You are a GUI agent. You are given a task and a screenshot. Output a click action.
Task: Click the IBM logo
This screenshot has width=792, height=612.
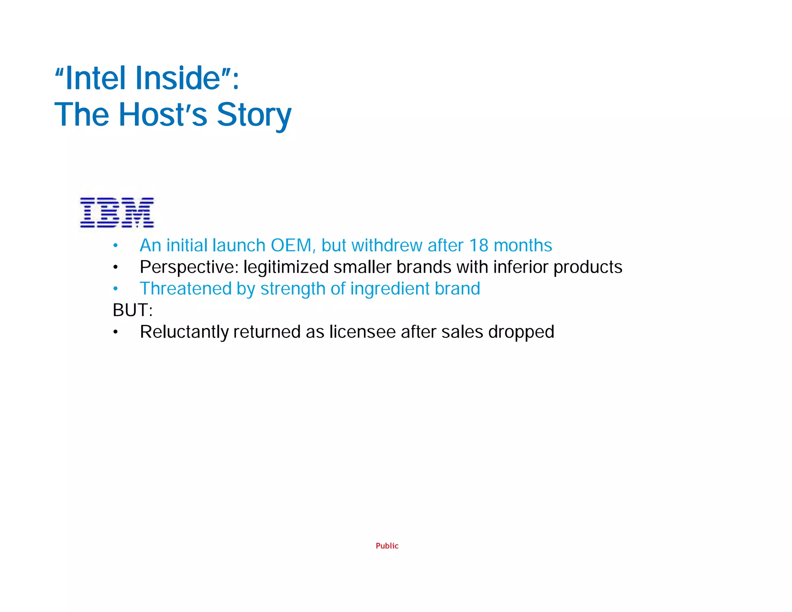point(117,212)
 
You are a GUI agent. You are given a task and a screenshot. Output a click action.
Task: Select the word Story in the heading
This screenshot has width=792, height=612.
point(254,115)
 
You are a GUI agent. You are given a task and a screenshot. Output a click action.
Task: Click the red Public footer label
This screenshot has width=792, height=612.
point(387,546)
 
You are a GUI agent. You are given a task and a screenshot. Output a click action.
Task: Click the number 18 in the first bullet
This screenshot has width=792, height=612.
point(479,246)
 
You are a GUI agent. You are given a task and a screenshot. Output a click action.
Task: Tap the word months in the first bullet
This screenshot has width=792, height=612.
point(523,246)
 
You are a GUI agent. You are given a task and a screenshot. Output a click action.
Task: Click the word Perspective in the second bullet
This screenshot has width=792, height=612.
point(189,267)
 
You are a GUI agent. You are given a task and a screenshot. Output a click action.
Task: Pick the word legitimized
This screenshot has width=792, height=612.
point(286,267)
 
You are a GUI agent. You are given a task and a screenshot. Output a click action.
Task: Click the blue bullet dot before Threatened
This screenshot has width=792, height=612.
point(115,289)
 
